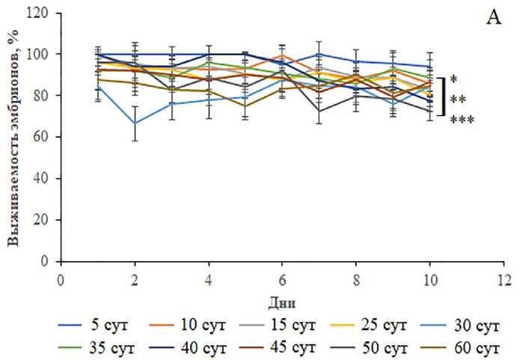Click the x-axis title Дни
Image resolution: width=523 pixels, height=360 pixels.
279,303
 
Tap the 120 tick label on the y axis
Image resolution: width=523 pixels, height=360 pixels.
40,13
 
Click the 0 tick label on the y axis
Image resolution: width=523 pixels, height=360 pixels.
46,262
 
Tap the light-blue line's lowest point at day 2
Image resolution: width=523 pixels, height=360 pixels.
134,123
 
